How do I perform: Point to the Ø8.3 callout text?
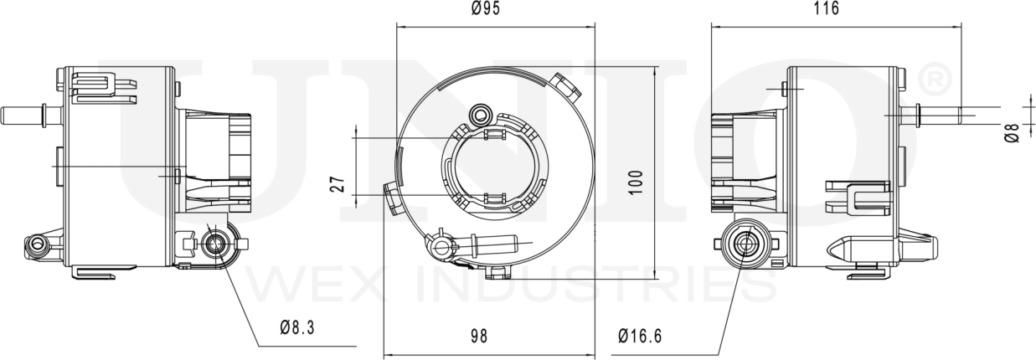pos(298,328)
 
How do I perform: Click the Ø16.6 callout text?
pos(640,337)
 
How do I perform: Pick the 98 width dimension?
pos(478,337)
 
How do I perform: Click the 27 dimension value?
pos(337,185)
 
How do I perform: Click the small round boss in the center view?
pos(482,113)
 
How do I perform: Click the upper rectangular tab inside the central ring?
pos(493,134)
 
